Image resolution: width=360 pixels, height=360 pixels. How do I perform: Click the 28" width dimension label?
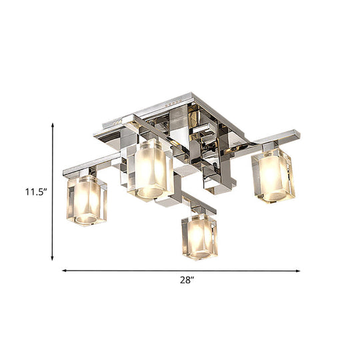coord(187,280)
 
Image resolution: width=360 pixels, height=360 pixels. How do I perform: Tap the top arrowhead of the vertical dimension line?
coord(53,125)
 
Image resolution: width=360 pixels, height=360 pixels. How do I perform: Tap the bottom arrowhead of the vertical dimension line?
coord(53,258)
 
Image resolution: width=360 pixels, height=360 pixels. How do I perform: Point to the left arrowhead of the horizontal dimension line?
coord(65,271)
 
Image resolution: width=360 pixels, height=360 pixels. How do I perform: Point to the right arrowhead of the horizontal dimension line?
coord(298,271)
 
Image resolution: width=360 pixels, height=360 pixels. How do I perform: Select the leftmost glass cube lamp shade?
coord(87,200)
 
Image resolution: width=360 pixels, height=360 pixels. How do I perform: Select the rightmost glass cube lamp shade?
coord(273,175)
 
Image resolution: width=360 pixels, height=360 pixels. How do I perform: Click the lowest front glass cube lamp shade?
coord(199,237)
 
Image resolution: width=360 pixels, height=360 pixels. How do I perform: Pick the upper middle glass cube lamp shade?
coord(151,170)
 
